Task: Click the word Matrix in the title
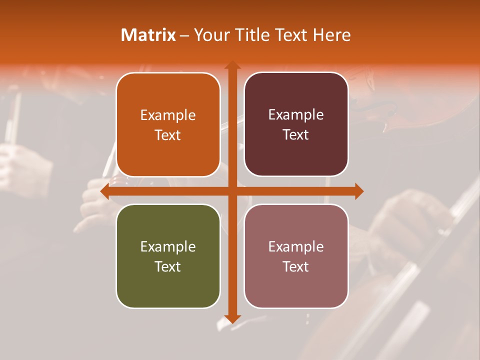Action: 148,35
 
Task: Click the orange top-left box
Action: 168,124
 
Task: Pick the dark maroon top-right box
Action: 296,124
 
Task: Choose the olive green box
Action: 168,256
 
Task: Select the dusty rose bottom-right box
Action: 296,256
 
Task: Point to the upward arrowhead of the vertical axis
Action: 232,65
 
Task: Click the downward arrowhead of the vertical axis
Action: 232,318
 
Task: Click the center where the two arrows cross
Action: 232,191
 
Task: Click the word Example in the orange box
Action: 168,115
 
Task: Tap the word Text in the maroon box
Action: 296,135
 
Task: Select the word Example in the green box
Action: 168,247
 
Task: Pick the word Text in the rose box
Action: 296,266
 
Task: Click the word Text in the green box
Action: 168,266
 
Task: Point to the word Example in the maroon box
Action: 296,115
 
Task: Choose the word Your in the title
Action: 210,35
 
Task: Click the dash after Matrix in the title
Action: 184,35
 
